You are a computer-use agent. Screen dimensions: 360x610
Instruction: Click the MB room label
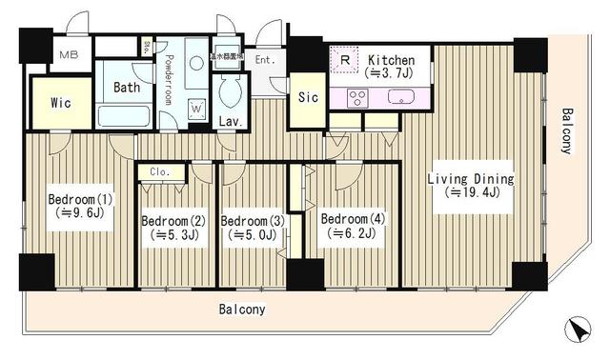pyautogui.click(x=69, y=53)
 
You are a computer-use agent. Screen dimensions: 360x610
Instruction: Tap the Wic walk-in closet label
pyautogui.click(x=50, y=101)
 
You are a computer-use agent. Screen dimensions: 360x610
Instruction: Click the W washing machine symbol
pyautogui.click(x=196, y=107)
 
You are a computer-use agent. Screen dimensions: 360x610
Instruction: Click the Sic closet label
pyautogui.click(x=307, y=97)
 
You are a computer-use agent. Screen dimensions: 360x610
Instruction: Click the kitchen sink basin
pyautogui.click(x=398, y=95)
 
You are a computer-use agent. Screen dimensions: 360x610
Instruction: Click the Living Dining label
pyautogui.click(x=470, y=178)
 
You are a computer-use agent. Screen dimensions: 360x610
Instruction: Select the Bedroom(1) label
pyautogui.click(x=80, y=200)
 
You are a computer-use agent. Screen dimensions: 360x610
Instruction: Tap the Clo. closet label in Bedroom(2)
pyautogui.click(x=160, y=172)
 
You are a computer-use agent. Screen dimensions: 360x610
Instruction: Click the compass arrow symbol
pyautogui.click(x=577, y=330)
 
